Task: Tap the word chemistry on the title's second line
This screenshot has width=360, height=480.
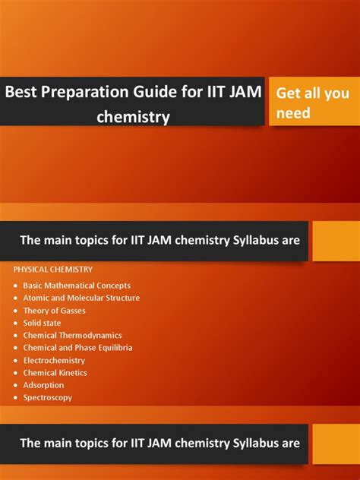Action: coord(133,117)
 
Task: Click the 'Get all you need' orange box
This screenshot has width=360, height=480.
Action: coord(314,101)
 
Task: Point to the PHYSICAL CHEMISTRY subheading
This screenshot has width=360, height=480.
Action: coord(53,270)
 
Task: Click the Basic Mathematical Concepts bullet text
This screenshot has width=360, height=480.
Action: coord(77,286)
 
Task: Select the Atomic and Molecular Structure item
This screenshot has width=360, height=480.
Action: coord(81,298)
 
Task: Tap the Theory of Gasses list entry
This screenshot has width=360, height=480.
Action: coord(54,311)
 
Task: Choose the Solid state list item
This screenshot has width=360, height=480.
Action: coord(42,323)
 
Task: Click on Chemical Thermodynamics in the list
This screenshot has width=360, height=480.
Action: coord(73,335)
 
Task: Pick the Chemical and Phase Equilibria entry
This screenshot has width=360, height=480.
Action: coord(77,348)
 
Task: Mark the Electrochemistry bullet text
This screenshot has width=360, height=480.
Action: coord(54,360)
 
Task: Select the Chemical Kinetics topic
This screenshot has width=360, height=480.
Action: coord(55,373)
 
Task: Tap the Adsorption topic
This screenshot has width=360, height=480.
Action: coord(43,385)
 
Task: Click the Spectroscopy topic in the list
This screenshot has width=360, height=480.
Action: coord(48,398)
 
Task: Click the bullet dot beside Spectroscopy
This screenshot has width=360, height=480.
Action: coord(16,398)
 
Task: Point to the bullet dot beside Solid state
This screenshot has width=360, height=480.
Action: coord(16,323)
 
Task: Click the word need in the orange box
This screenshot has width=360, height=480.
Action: coord(293,112)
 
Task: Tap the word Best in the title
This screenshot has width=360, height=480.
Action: coord(21,91)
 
